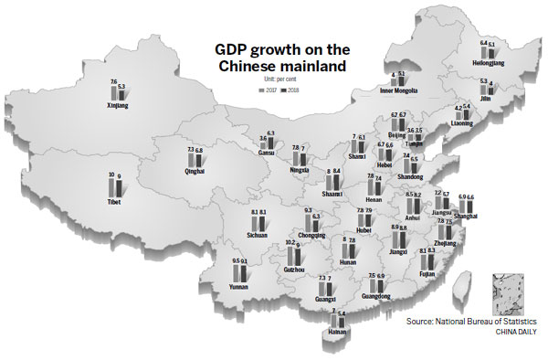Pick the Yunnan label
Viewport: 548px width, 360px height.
click(x=240, y=286)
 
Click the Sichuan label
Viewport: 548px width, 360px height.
click(x=258, y=235)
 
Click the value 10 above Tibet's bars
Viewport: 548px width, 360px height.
click(x=111, y=175)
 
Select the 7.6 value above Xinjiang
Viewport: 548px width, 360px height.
click(x=113, y=81)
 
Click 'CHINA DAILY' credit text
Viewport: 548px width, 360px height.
click(x=518, y=334)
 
